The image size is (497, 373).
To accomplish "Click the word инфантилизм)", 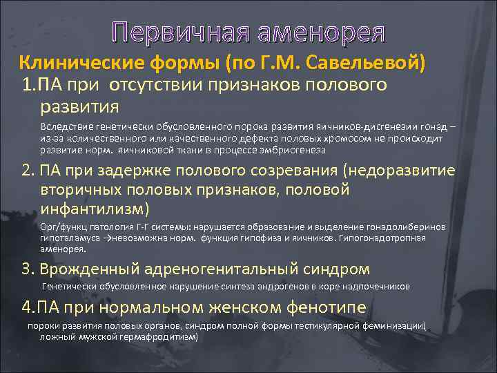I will click(x=95, y=208).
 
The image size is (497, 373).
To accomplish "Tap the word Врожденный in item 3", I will click(x=84, y=269).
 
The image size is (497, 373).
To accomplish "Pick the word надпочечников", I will click(x=372, y=285).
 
